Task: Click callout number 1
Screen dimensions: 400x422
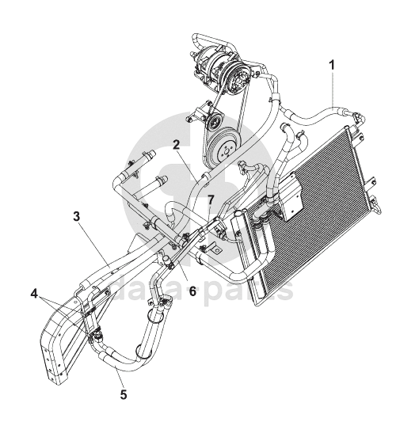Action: [332, 66]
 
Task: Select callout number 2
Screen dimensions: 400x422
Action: [176, 146]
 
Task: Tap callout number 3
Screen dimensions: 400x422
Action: [77, 216]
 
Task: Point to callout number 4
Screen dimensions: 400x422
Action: [34, 294]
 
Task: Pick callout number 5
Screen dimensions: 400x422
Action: [124, 394]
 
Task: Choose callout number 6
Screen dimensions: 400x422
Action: [192, 291]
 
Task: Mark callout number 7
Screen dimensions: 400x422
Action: [211, 200]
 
